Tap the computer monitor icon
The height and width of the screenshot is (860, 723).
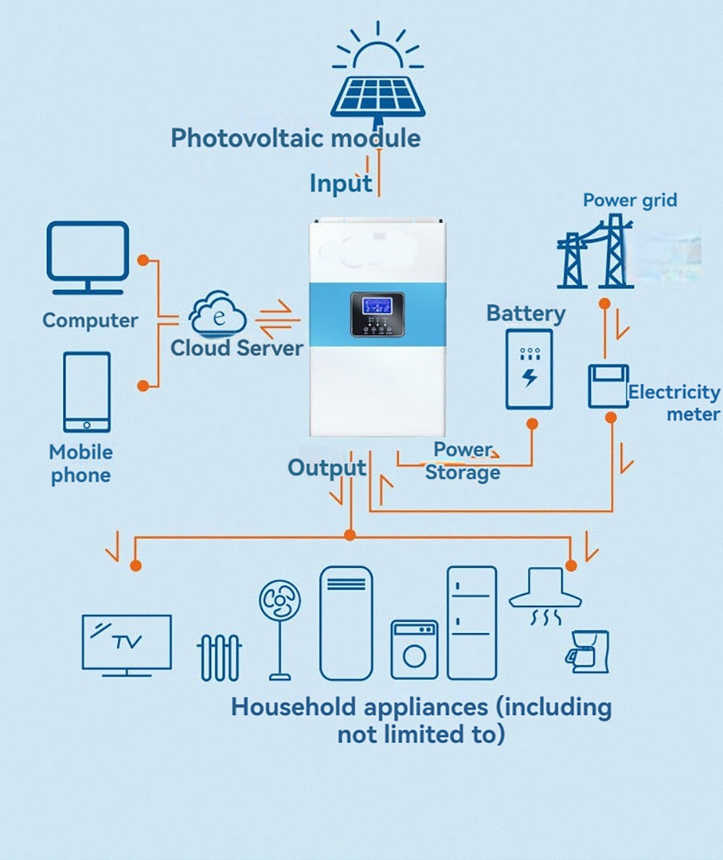pyautogui.click(x=87, y=257)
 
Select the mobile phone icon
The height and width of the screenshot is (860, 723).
pyautogui.click(x=87, y=392)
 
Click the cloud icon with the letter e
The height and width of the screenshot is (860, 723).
pyautogui.click(x=218, y=314)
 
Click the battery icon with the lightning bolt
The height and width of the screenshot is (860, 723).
pyautogui.click(x=529, y=369)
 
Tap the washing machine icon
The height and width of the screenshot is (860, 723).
pyautogui.click(x=414, y=649)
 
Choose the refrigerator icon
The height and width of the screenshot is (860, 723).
pyautogui.click(x=471, y=623)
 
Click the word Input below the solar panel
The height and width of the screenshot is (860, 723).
pyautogui.click(x=341, y=184)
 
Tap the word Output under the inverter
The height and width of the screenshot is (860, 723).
pyautogui.click(x=327, y=468)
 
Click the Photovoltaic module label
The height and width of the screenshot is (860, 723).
pyautogui.click(x=295, y=137)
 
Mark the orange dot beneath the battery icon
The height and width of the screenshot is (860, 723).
pyautogui.click(x=532, y=423)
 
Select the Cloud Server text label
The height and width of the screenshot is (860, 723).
pyautogui.click(x=236, y=348)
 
